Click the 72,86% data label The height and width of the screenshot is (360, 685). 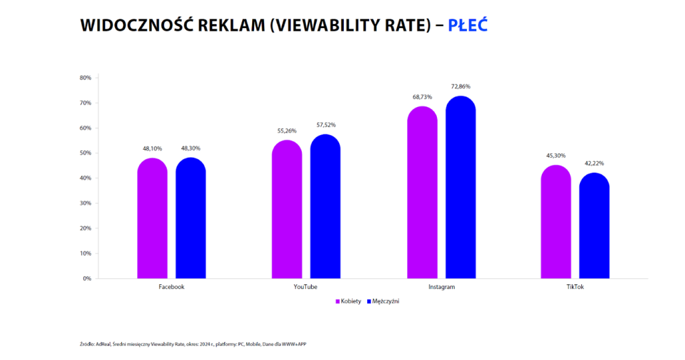460,86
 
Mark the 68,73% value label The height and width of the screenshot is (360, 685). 422,97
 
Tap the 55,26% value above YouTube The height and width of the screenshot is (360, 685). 286,130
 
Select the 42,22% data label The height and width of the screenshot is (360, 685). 594,163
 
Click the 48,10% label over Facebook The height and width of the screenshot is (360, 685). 152,149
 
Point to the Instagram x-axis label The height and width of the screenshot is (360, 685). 442,287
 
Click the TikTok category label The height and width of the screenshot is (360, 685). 575,287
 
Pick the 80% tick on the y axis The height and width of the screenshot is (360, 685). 85,78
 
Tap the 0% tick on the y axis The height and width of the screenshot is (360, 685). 86,278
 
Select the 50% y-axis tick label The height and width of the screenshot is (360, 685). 85,153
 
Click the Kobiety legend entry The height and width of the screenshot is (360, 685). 348,301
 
